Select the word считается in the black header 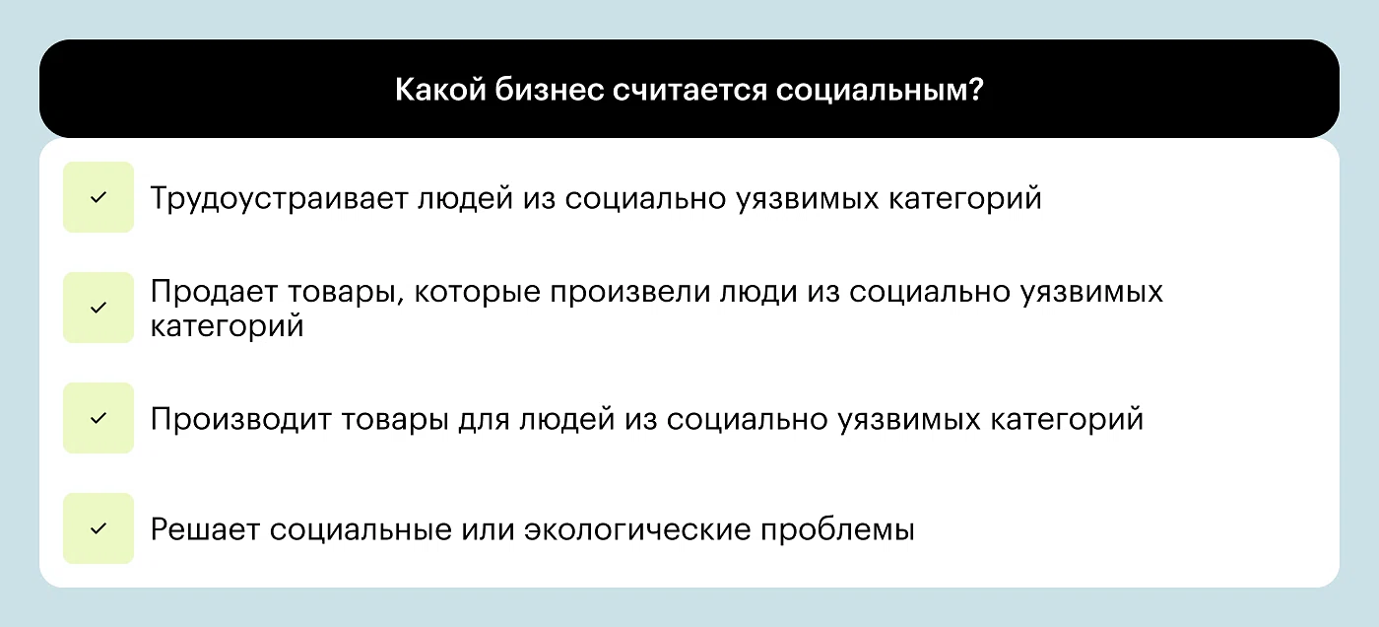pyautogui.click(x=689, y=90)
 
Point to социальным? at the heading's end pyautogui.click(x=880, y=90)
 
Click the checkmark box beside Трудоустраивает pyautogui.click(x=98, y=197)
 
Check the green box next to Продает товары pyautogui.click(x=98, y=308)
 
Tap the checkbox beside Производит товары pyautogui.click(x=98, y=418)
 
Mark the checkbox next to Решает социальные pyautogui.click(x=98, y=528)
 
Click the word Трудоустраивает pyautogui.click(x=279, y=199)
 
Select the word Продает pyautogui.click(x=214, y=292)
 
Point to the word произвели pyautogui.click(x=630, y=293)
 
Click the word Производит pyautogui.click(x=240, y=419)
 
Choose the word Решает pyautogui.click(x=205, y=529)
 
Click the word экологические pyautogui.click(x=637, y=529)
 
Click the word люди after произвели pyautogui.click(x=759, y=293)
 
